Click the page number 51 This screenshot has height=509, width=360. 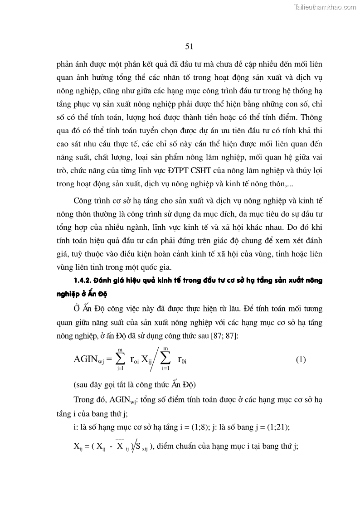point(190,46)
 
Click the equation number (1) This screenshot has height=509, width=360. point(301,360)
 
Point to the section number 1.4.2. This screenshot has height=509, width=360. point(84,280)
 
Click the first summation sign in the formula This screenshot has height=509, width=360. point(120,359)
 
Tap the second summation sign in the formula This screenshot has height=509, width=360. point(165,359)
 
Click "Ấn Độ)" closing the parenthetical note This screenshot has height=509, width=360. point(184,385)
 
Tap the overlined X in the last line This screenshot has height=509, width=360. point(120,446)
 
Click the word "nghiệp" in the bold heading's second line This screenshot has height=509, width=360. point(84,294)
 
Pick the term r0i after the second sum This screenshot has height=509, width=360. point(182,360)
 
